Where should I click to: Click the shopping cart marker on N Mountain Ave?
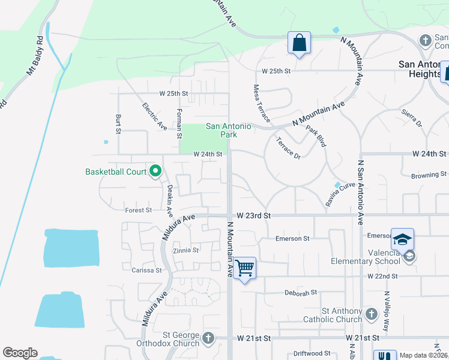244,268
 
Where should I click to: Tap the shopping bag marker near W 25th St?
298,43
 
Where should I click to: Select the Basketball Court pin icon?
155,172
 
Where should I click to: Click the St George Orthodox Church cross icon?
208,338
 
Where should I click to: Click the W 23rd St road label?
254,215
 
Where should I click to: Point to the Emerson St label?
292,238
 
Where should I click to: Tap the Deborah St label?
300,293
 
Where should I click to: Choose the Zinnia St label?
185,250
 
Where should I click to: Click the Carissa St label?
147,271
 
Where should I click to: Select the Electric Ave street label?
154,116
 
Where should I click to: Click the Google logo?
20,353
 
